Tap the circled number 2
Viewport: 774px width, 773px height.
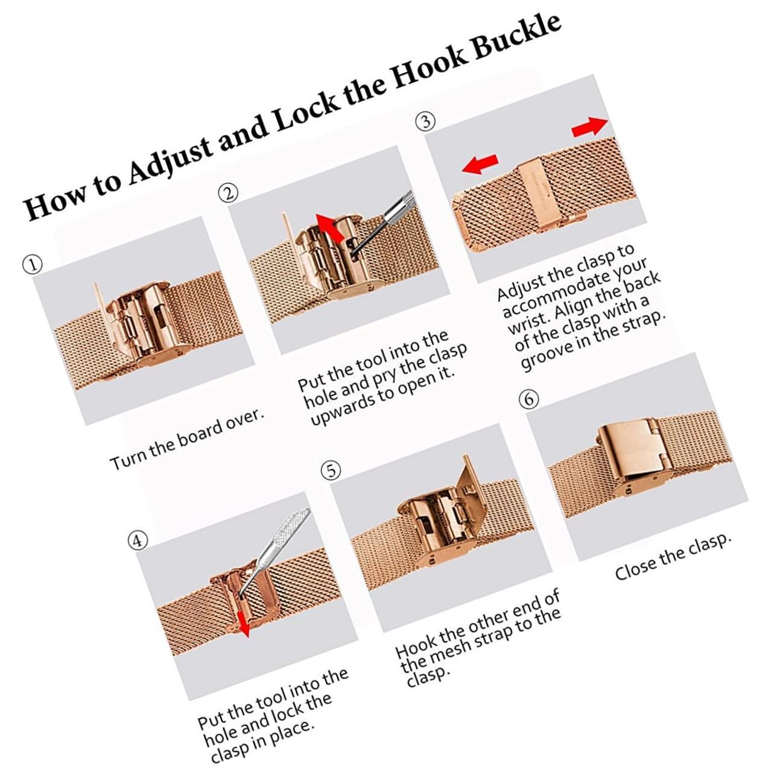point(227,194)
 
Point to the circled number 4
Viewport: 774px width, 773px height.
point(138,541)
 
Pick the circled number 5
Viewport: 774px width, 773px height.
point(331,470)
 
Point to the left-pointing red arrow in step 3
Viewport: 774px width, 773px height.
point(480,163)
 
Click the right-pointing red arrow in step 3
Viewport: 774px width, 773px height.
point(588,127)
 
